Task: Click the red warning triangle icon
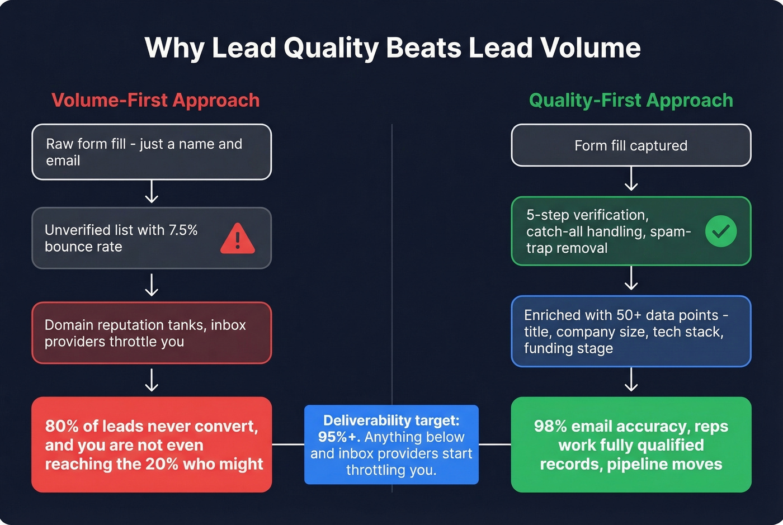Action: [237, 239]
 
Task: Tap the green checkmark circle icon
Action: [720, 231]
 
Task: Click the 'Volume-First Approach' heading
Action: [155, 100]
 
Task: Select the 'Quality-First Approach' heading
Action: [631, 100]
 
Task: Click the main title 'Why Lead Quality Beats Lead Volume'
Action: [392, 48]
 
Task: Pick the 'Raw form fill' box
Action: [152, 152]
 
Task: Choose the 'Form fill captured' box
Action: [631, 145]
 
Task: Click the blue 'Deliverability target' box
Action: [391, 444]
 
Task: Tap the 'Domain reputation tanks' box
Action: [152, 333]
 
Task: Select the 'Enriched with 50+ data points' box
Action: [631, 332]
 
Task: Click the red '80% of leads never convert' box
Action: [152, 444]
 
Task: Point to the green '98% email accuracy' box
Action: [631, 444]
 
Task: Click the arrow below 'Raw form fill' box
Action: [152, 192]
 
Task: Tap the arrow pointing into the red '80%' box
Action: [152, 380]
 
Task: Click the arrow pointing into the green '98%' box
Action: [631, 380]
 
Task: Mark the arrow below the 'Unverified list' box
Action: [152, 285]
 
